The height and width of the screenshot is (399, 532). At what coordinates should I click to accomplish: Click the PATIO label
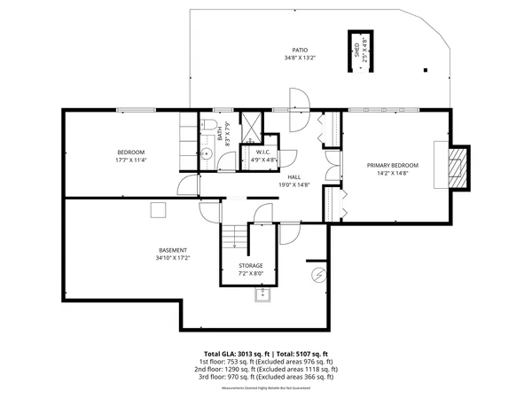click(301, 50)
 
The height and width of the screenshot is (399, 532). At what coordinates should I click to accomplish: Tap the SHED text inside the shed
click(357, 50)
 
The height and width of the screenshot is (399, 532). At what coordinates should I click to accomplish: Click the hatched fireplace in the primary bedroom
click(455, 166)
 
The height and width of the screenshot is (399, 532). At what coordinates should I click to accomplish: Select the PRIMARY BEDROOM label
click(393, 165)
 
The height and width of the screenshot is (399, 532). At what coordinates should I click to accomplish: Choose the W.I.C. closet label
click(263, 153)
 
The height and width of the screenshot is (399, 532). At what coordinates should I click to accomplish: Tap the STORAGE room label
click(250, 266)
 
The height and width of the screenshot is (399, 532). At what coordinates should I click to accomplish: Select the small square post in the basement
click(158, 209)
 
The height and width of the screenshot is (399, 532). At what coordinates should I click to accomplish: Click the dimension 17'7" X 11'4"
click(129, 160)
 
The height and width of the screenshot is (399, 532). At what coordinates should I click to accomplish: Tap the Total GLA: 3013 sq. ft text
click(237, 353)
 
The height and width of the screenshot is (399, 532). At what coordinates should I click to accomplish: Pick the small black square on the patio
click(424, 69)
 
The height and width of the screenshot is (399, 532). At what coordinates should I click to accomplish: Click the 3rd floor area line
click(264, 377)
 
